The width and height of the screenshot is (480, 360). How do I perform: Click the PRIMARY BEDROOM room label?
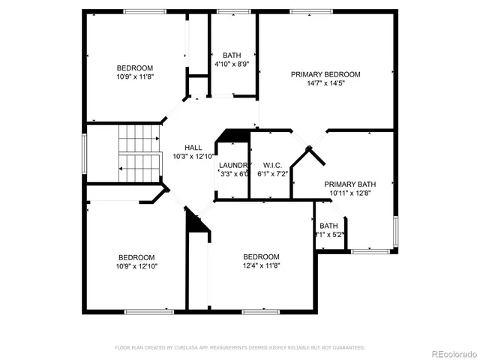click(x=325, y=74)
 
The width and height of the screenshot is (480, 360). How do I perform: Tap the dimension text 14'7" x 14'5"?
click(x=325, y=84)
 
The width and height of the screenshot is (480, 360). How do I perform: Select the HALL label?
click(x=193, y=148)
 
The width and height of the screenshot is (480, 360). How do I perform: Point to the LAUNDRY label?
click(x=234, y=165)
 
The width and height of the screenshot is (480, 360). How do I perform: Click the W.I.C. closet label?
click(x=271, y=165)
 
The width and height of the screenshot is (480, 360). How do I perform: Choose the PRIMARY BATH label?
click(x=349, y=184)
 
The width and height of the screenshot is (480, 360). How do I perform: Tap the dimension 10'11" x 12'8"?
click(x=349, y=193)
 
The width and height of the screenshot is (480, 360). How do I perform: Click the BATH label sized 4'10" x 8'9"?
click(x=231, y=55)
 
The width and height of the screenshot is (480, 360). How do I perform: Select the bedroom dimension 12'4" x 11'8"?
click(x=261, y=265)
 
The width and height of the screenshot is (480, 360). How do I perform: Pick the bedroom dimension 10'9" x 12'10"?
click(x=136, y=265)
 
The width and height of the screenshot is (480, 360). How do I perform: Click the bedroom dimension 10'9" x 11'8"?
click(x=136, y=76)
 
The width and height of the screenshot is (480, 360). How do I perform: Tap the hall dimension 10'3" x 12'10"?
click(x=193, y=157)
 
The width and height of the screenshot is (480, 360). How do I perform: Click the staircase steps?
click(x=140, y=154)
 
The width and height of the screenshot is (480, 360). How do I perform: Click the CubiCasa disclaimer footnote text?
click(x=240, y=348)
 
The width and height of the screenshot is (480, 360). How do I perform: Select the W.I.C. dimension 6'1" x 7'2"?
click(x=271, y=174)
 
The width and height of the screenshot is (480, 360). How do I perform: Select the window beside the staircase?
click(x=85, y=154)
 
